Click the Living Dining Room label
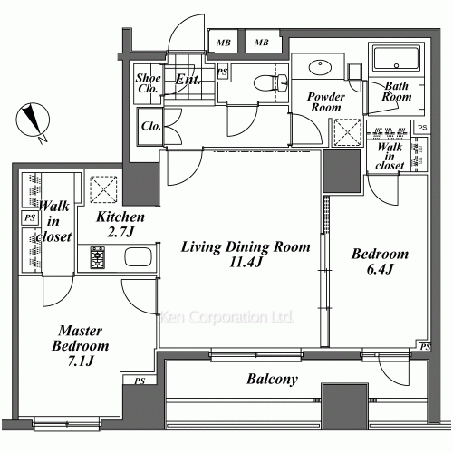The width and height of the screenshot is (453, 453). [x=246, y=247]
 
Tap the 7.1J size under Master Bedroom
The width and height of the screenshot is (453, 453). [x=81, y=361]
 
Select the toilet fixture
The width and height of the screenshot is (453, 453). [x=270, y=82]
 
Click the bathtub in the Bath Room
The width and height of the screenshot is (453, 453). [x=396, y=59]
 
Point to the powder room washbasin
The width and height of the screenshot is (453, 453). [x=320, y=67]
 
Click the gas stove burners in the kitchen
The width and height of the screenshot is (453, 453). [x=98, y=257]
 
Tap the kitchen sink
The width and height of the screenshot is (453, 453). [x=138, y=257]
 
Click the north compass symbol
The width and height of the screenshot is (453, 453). [x=33, y=120]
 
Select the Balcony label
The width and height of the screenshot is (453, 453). [x=273, y=380]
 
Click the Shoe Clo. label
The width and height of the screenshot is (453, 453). [x=148, y=83]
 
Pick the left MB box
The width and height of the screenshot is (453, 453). [x=224, y=43]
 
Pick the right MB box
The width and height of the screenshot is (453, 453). [x=262, y=43]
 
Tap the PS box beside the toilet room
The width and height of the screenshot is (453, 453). [x=223, y=72]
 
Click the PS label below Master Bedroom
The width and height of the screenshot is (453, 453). [x=140, y=381]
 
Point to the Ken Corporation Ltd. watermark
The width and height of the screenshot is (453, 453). [x=226, y=317]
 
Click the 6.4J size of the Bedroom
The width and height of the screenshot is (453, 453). [x=380, y=269]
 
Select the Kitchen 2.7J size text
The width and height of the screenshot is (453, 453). [x=120, y=232]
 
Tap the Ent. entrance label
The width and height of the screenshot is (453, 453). [x=188, y=80]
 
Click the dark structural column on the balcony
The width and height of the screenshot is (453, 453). [x=345, y=406]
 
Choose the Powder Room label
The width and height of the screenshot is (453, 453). [x=326, y=102]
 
